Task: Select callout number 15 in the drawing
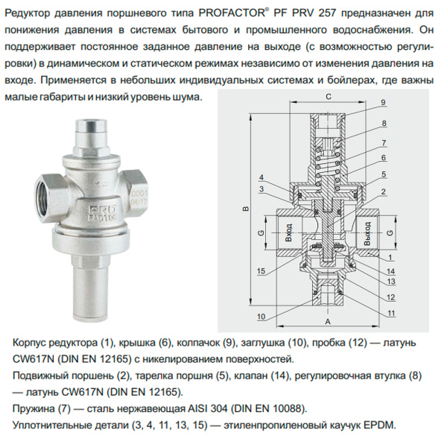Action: coord(261,270)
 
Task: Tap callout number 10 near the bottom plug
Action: coord(261,317)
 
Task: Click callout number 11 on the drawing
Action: coord(391,314)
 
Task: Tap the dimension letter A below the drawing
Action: coord(328,323)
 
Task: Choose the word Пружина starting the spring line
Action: coord(35,409)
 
